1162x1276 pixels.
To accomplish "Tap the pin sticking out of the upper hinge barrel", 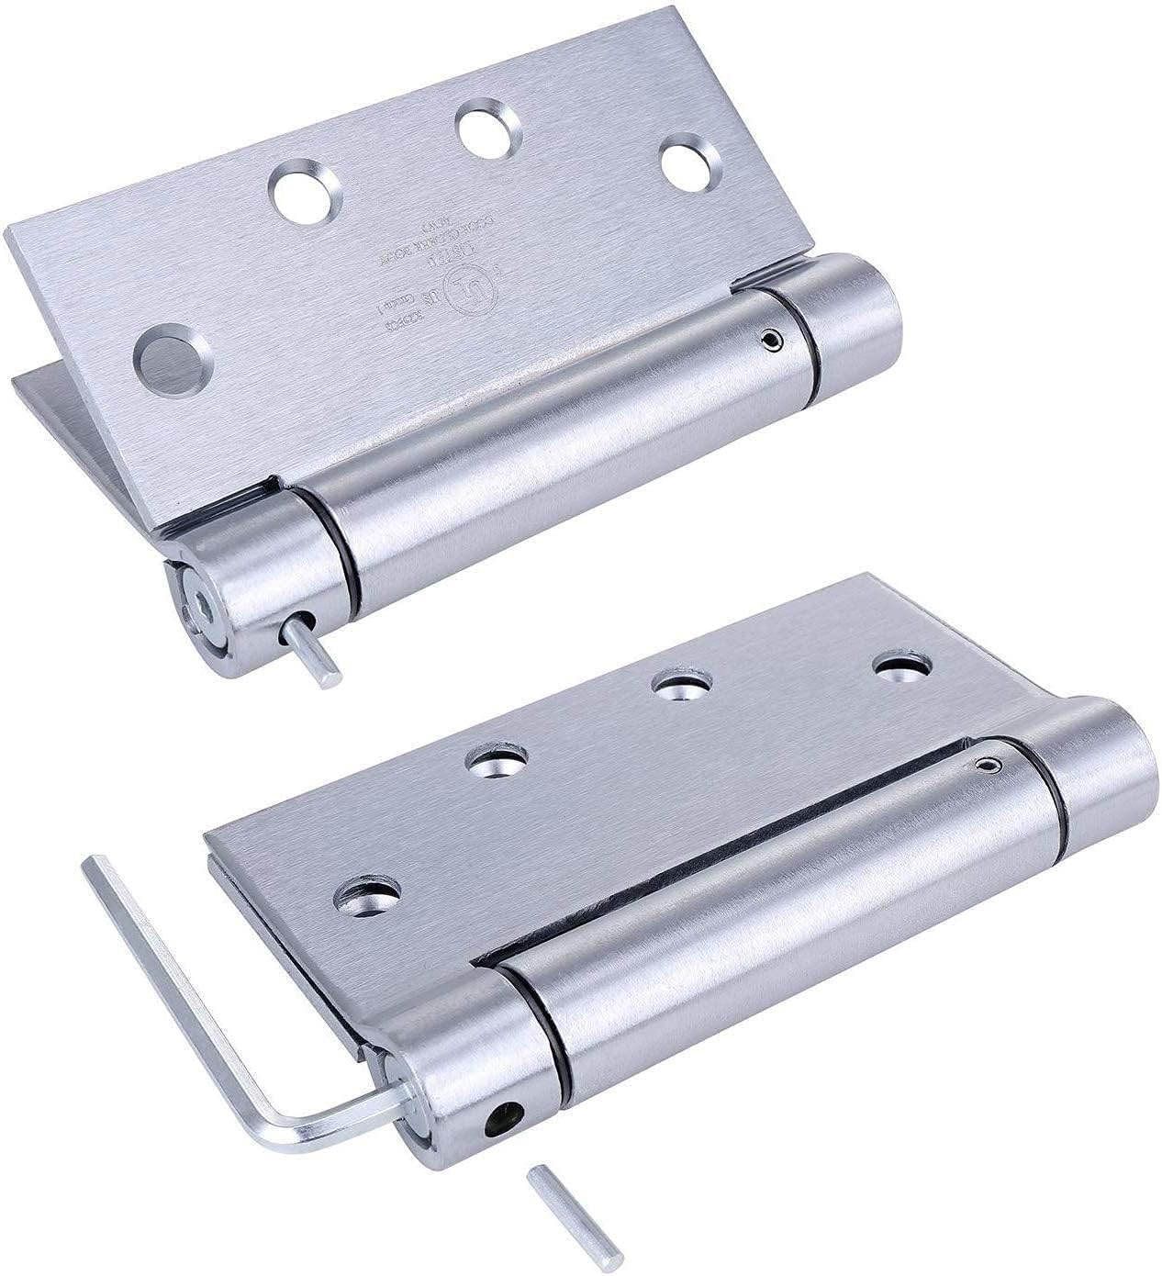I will (x=321, y=658).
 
